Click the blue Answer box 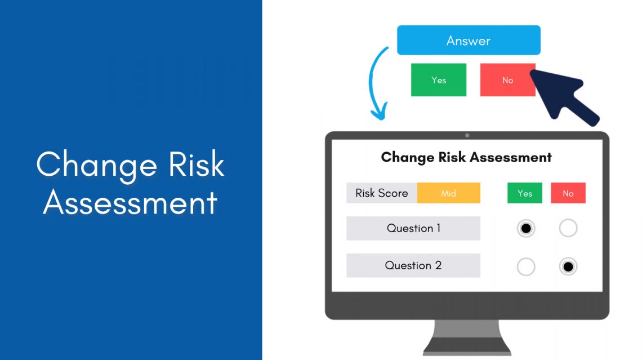pyautogui.click(x=469, y=41)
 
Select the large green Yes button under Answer pyautogui.click(x=439, y=80)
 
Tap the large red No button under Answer pyautogui.click(x=507, y=80)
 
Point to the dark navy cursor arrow pyautogui.click(x=563, y=96)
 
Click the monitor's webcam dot pyautogui.click(x=467, y=135)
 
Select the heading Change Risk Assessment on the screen pyautogui.click(x=466, y=157)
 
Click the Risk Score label pyautogui.click(x=382, y=193)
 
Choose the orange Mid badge pyautogui.click(x=448, y=193)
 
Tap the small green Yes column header pyautogui.click(x=524, y=193)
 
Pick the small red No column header pyautogui.click(x=568, y=193)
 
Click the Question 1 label pyautogui.click(x=413, y=228)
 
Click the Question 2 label pyautogui.click(x=413, y=265)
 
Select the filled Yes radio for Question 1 pyautogui.click(x=526, y=228)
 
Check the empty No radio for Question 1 pyautogui.click(x=568, y=228)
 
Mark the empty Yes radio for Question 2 pyautogui.click(x=526, y=266)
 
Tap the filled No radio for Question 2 pyautogui.click(x=568, y=266)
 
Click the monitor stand pyautogui.click(x=467, y=338)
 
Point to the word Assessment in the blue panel pyautogui.click(x=130, y=202)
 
